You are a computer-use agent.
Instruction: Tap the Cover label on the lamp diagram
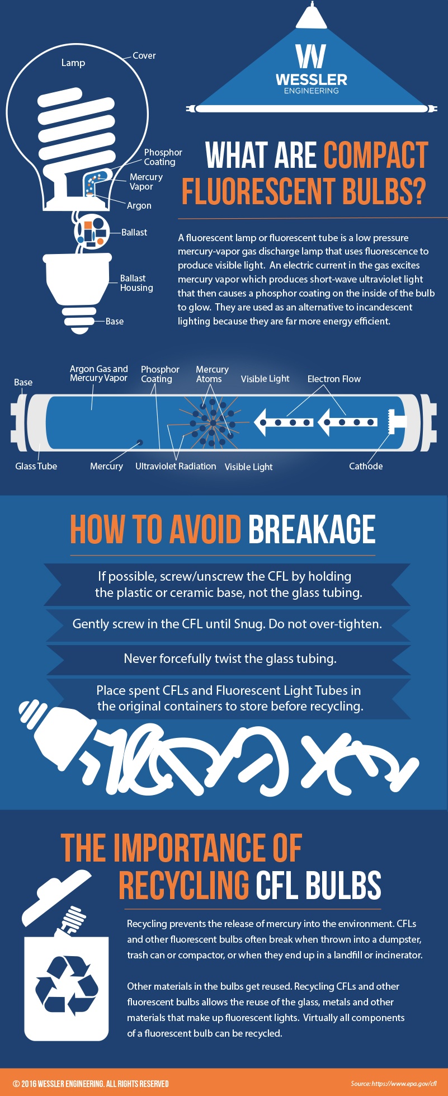tap(144, 56)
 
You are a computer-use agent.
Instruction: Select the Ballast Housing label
tap(136, 283)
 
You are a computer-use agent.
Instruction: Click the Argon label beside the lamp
tap(139, 206)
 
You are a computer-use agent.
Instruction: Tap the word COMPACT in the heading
tap(375, 156)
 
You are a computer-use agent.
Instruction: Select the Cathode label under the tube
tap(366, 466)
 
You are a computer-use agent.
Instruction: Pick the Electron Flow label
tap(334, 379)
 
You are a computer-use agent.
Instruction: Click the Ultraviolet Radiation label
tap(176, 466)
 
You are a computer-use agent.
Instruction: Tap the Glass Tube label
tap(36, 466)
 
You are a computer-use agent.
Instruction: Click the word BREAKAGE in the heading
tap(312, 530)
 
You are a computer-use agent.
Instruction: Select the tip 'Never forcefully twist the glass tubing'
tap(230, 658)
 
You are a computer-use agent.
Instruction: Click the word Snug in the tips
tap(250, 624)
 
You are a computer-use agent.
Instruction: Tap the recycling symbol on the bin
tap(67, 986)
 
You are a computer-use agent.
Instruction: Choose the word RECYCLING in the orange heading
tap(183, 886)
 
